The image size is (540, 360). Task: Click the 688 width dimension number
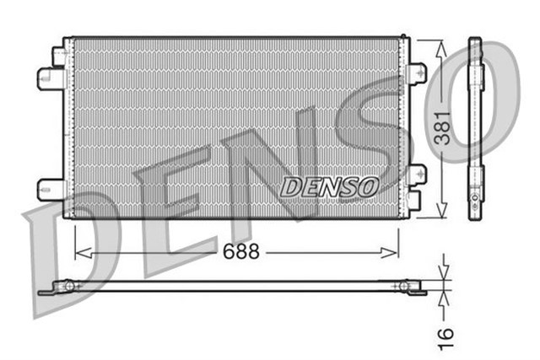[240, 250]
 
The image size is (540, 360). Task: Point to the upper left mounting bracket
[51, 78]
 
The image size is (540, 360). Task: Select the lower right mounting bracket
[418, 175]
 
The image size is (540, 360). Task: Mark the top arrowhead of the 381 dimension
[440, 46]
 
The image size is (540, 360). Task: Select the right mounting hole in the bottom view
[404, 287]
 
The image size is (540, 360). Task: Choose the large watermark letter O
[489, 101]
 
